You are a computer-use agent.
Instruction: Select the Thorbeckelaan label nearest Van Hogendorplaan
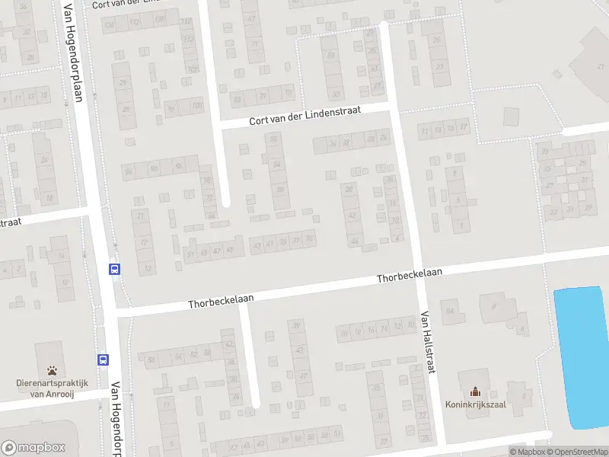221,301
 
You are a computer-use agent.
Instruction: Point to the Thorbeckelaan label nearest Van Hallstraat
409,275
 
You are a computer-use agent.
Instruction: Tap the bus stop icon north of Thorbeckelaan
115,268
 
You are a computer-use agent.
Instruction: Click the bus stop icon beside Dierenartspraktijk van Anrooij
102,360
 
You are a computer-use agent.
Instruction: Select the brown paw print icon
53,371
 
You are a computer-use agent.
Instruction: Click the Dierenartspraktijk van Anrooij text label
53,388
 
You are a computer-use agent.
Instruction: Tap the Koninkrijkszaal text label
476,404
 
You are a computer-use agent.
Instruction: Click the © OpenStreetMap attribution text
577,452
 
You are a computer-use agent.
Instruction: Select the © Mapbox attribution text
527,452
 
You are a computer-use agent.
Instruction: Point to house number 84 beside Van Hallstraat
451,311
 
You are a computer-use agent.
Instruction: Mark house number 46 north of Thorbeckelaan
355,241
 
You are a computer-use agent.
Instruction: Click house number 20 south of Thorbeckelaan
345,332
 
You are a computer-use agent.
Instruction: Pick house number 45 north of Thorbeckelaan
230,249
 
